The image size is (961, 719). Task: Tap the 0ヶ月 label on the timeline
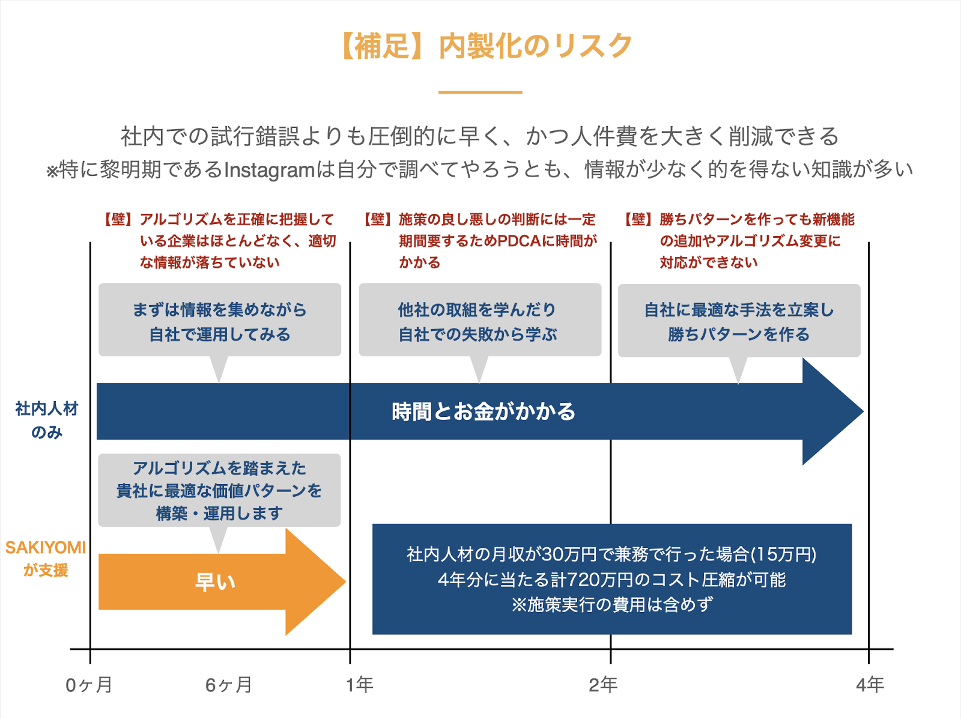[89, 685]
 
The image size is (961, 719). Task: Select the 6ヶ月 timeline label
[228, 685]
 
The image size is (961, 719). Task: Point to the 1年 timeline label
[360, 684]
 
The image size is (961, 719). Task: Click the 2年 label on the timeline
[603, 684]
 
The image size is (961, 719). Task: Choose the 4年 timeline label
[870, 684]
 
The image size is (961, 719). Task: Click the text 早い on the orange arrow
[215, 581]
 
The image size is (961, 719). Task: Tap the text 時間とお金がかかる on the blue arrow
[483, 411]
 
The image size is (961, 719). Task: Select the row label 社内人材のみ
[47, 420]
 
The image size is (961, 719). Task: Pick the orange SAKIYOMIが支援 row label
[46, 558]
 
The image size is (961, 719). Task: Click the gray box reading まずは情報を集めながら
[220, 320]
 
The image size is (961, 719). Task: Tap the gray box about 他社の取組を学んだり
[479, 320]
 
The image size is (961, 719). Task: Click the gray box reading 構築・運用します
[219, 490]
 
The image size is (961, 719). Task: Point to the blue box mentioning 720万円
[611, 579]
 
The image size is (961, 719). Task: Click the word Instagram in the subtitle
[269, 171]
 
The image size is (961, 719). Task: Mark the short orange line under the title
[480, 92]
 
